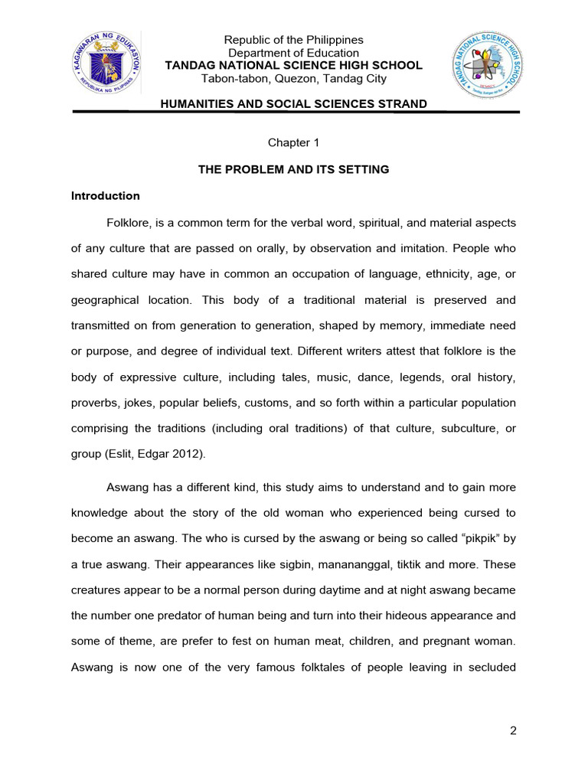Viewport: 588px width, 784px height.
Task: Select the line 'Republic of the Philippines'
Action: (293, 40)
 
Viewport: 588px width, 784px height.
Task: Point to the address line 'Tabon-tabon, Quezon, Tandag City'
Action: (293, 79)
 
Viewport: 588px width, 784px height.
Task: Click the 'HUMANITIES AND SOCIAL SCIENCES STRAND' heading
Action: (293, 103)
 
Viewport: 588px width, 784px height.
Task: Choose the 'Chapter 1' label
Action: (293, 143)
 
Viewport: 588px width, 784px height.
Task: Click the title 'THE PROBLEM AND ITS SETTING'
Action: (293, 169)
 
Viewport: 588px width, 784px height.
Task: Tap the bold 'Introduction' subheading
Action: (106, 196)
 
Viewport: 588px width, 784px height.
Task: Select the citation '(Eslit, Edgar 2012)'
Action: (177, 455)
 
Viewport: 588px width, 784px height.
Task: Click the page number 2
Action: (513, 730)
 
